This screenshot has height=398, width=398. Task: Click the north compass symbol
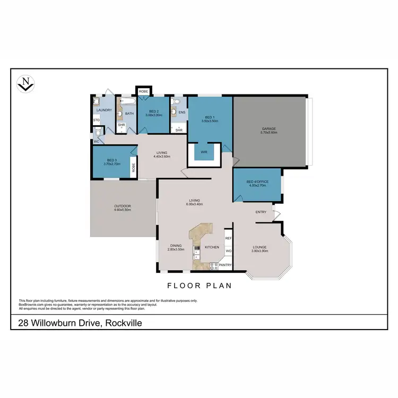26,83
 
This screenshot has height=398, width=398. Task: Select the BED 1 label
210,118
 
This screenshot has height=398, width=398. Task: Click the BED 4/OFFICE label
257,181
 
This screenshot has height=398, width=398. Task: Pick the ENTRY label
261,212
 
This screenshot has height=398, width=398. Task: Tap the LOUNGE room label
260,247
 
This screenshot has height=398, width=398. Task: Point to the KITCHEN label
212,247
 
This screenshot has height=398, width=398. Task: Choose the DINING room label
176,245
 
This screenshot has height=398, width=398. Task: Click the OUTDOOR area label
123,206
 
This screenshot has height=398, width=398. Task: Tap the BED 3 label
111,160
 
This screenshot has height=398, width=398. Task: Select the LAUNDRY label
104,110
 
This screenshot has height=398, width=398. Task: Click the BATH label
129,113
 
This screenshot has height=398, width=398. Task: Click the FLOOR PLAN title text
200,285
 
